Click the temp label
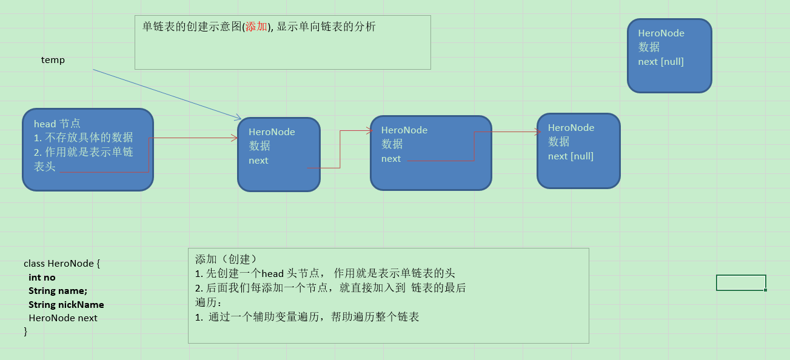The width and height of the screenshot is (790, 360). point(53,60)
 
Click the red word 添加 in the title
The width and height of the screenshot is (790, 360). point(256,27)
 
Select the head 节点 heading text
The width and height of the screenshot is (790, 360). point(57,124)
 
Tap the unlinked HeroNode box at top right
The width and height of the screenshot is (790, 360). point(669,56)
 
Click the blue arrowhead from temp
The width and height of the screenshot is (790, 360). point(238,118)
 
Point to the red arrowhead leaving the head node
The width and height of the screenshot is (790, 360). point(235,138)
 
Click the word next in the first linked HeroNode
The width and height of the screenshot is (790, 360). point(258,161)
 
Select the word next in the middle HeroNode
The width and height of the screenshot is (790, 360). point(391,159)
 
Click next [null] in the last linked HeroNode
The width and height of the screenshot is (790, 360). point(571,156)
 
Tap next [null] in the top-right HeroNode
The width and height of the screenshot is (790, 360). point(661,62)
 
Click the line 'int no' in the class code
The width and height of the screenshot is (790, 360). point(42,278)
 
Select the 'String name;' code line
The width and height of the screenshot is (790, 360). point(58,291)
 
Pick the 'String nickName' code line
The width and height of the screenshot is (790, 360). point(66,305)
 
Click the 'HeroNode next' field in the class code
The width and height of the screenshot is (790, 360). point(63,318)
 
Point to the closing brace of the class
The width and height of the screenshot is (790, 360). point(25,331)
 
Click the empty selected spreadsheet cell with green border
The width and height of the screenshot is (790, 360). point(741,283)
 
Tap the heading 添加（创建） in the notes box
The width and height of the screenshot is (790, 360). point(226,259)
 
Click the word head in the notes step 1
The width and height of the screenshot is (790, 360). point(272,273)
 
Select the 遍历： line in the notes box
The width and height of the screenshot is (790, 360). point(208,302)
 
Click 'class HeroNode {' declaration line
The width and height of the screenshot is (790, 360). point(62,264)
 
